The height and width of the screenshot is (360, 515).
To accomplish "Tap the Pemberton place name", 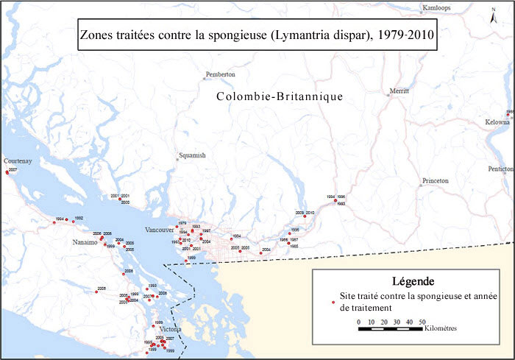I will [x=221, y=74].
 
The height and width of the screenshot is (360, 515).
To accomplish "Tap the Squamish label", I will [x=191, y=155].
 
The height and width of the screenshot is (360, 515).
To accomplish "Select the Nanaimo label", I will [x=85, y=242].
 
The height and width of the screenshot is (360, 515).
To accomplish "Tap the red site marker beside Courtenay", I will [x=7, y=172].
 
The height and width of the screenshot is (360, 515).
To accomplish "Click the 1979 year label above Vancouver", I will [x=182, y=223].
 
